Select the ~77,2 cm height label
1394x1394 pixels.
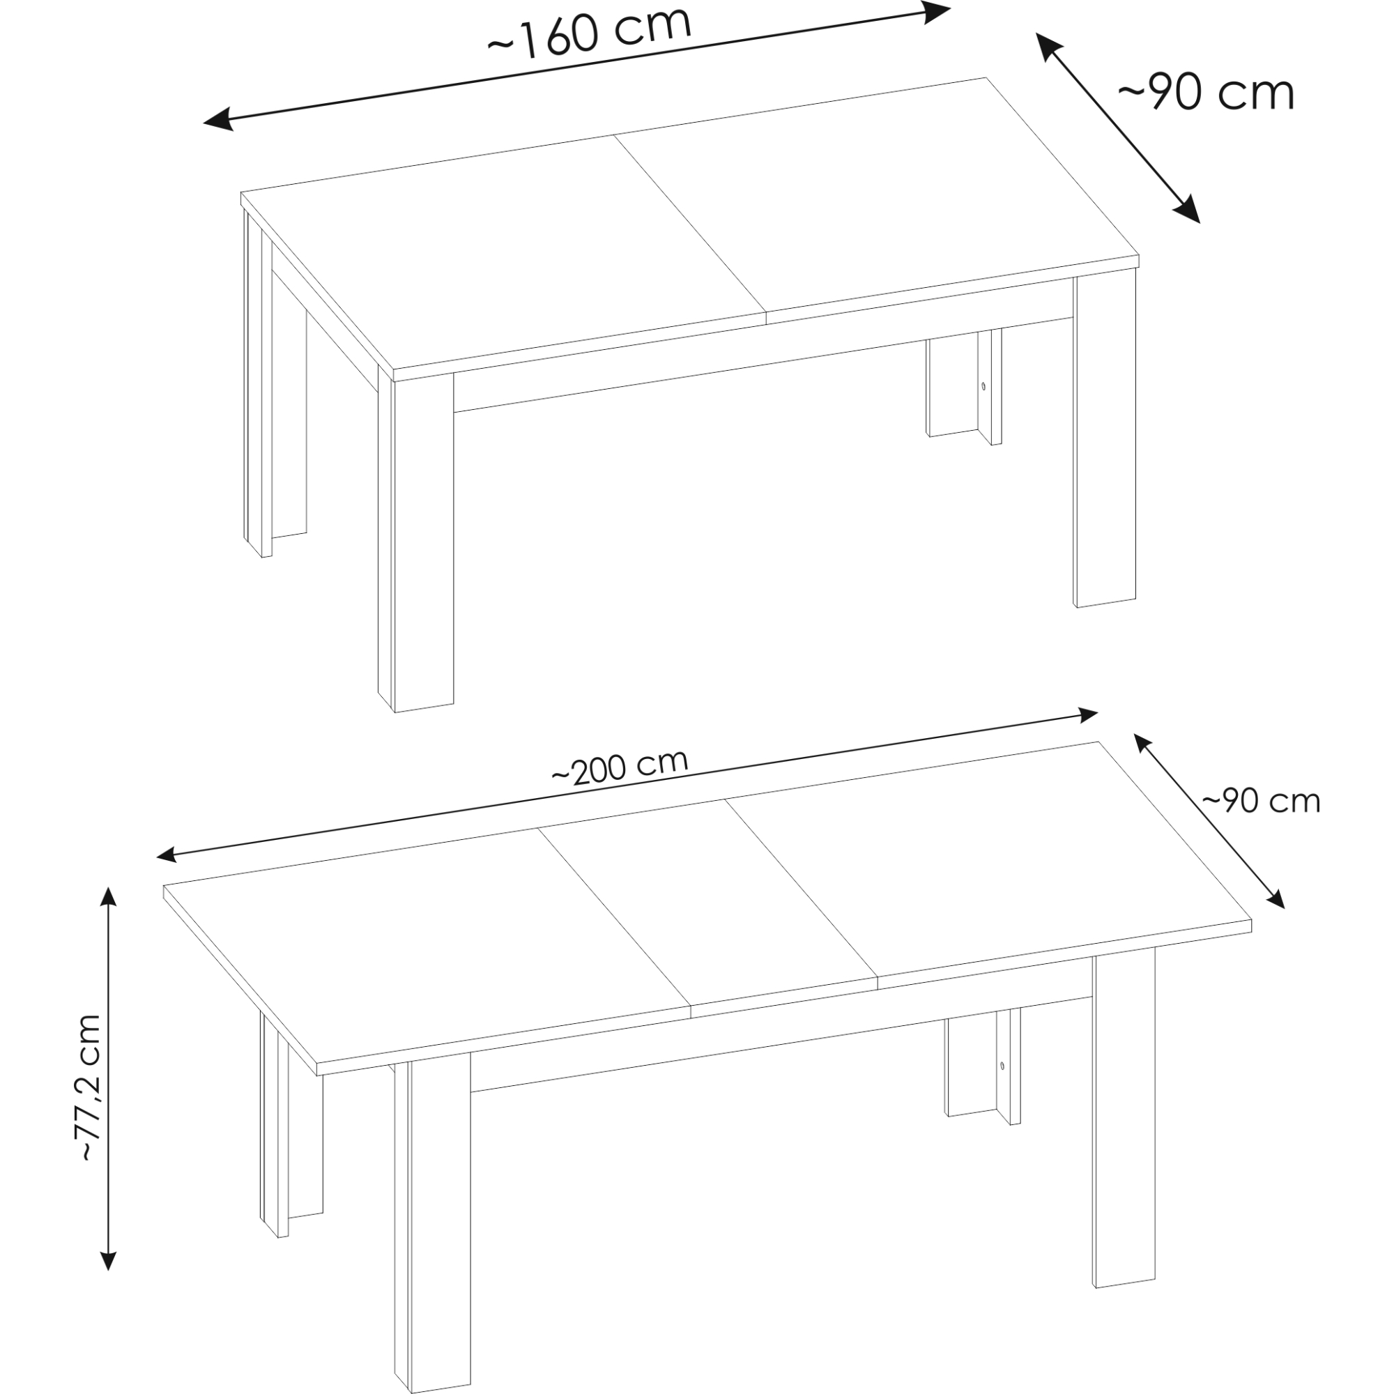point(89,1087)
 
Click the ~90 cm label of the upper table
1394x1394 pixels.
point(1207,93)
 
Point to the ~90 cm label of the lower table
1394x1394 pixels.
point(1262,801)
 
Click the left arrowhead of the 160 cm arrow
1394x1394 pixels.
point(219,120)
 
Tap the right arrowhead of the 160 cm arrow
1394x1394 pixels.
point(936,13)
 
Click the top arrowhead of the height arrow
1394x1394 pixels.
point(108,898)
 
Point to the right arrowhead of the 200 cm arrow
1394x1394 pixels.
point(1087,715)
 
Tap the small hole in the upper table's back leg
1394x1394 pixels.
point(982,386)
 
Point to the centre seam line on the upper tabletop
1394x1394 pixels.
point(690,224)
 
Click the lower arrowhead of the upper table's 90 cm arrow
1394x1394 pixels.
point(1188,210)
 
